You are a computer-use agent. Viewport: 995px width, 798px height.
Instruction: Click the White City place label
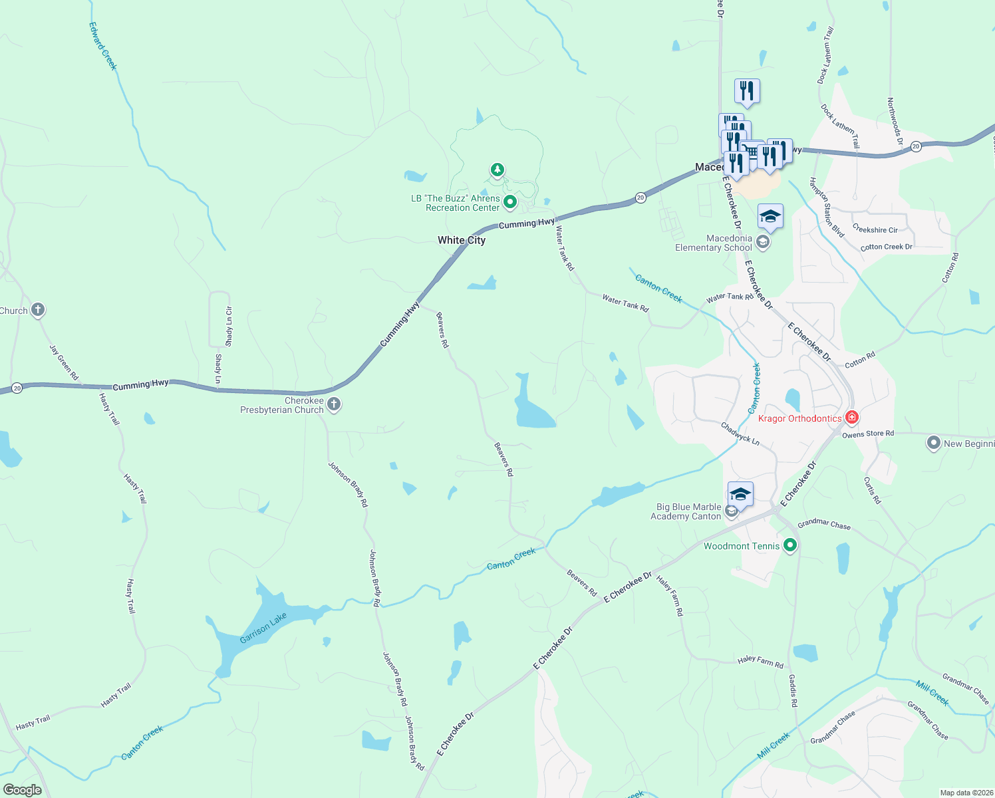click(462, 240)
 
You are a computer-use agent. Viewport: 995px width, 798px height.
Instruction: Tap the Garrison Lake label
click(263, 628)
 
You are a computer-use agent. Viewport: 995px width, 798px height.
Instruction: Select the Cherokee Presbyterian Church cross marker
click(334, 404)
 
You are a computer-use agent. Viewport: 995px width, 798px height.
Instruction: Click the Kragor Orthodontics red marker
click(852, 418)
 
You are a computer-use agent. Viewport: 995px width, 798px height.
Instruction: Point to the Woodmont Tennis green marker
click(790, 546)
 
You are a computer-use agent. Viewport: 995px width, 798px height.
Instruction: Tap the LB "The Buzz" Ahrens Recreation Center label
click(456, 203)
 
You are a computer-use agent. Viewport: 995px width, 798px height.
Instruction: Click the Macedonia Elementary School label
click(713, 243)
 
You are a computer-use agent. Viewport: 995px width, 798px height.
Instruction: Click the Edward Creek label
click(103, 46)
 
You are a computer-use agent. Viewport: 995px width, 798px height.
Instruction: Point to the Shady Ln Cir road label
click(229, 326)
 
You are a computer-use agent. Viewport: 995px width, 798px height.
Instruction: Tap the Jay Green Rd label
click(64, 362)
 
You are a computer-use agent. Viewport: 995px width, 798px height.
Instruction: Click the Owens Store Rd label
click(868, 434)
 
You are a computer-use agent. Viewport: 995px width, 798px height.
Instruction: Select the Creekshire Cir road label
click(875, 229)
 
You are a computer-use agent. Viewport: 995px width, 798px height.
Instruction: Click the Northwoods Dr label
click(895, 121)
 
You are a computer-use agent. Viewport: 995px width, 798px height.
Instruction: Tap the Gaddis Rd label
click(793, 690)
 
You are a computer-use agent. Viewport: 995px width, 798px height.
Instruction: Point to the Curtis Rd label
click(872, 490)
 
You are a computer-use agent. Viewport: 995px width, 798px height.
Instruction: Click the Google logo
click(22, 789)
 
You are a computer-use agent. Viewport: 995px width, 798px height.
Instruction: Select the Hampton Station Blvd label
click(827, 207)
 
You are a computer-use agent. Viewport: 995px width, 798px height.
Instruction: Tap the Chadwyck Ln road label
click(740, 432)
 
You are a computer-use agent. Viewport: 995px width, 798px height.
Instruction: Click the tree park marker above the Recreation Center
click(497, 170)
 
